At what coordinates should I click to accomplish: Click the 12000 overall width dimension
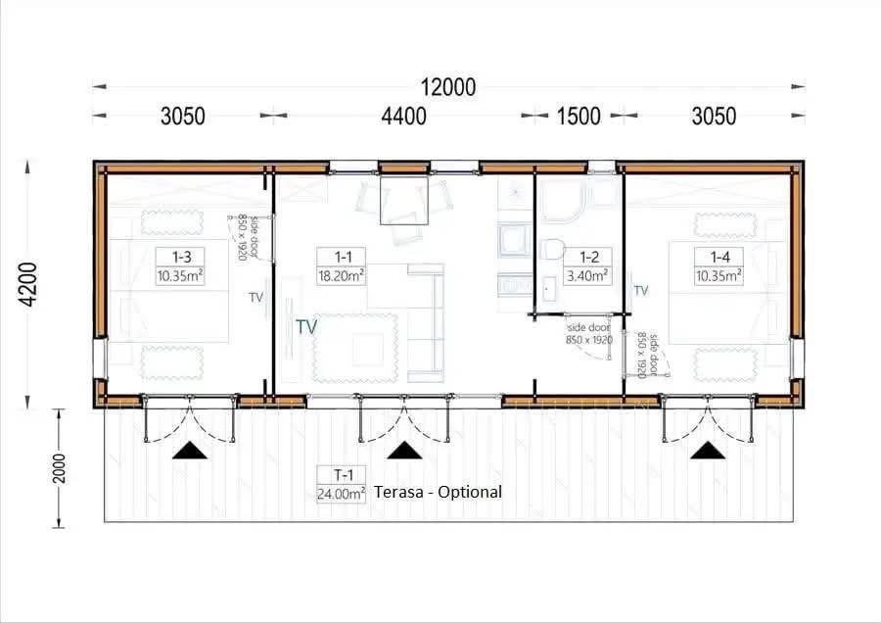coord(447,87)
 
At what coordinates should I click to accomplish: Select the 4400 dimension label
coord(403,117)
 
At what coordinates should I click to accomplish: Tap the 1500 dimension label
coord(579,117)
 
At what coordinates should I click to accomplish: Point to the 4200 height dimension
coord(27,284)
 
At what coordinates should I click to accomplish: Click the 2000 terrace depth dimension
coord(59,468)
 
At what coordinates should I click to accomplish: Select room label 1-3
coord(181,257)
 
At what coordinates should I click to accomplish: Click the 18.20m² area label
coord(341,275)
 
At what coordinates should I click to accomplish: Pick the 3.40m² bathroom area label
coord(588,275)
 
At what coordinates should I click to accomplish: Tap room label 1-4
coord(719,257)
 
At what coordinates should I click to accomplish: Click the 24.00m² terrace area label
coord(341,494)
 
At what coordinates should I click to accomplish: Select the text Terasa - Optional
coord(438,492)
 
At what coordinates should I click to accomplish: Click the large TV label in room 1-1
coord(306,326)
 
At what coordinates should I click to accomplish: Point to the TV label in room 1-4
coord(641,290)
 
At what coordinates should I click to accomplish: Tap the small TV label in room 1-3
coord(255,297)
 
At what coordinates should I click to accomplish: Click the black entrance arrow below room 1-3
coord(190,451)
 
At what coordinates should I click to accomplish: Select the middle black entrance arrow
coord(404,451)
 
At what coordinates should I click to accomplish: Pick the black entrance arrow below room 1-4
coord(708,451)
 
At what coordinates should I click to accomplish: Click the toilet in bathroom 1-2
coord(552,249)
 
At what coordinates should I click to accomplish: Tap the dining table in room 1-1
coord(404,201)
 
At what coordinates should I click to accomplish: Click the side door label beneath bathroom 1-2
coord(589,333)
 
